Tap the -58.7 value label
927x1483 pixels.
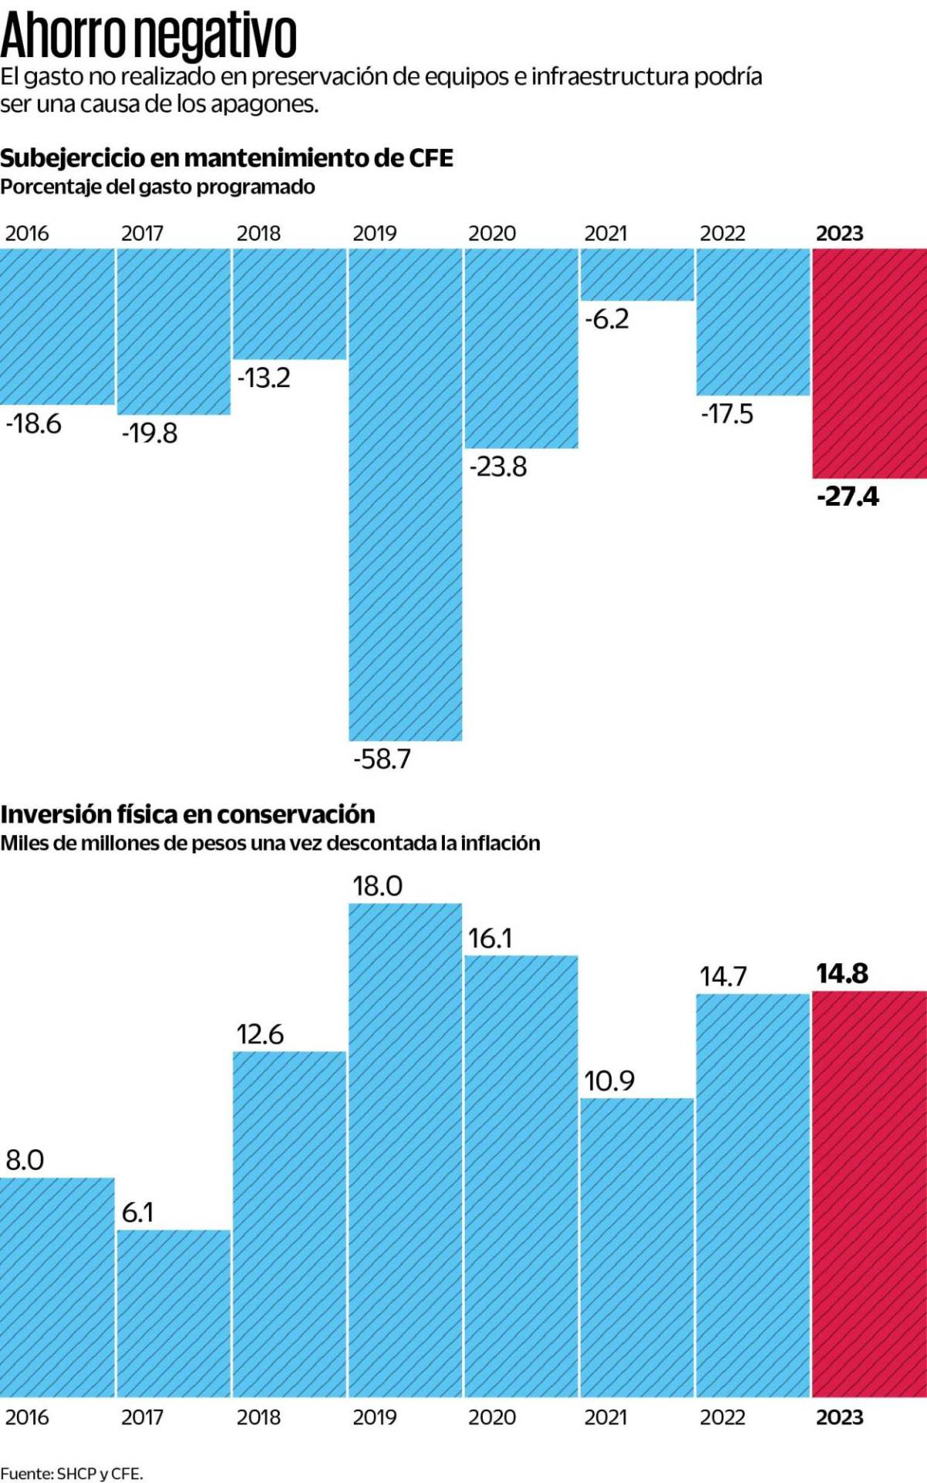(x=382, y=758)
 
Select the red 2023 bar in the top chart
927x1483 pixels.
(x=869, y=363)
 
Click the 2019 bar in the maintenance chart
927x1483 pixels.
(x=405, y=494)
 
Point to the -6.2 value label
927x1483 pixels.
(x=606, y=319)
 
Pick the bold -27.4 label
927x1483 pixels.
(x=847, y=496)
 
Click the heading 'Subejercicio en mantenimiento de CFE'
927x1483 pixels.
(x=226, y=158)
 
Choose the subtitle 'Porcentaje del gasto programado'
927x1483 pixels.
(x=158, y=187)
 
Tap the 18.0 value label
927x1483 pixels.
(x=377, y=886)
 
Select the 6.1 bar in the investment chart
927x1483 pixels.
(x=174, y=1313)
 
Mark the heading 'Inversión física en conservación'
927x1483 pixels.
(x=188, y=814)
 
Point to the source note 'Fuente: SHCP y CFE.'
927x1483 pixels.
(x=72, y=1473)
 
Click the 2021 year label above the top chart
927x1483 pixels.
(x=606, y=233)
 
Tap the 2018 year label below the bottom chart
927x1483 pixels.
(x=258, y=1417)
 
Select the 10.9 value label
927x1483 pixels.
(x=609, y=1081)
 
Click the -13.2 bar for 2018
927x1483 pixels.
(x=289, y=304)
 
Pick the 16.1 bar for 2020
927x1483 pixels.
(x=521, y=1174)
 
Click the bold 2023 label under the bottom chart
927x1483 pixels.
(x=840, y=1417)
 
